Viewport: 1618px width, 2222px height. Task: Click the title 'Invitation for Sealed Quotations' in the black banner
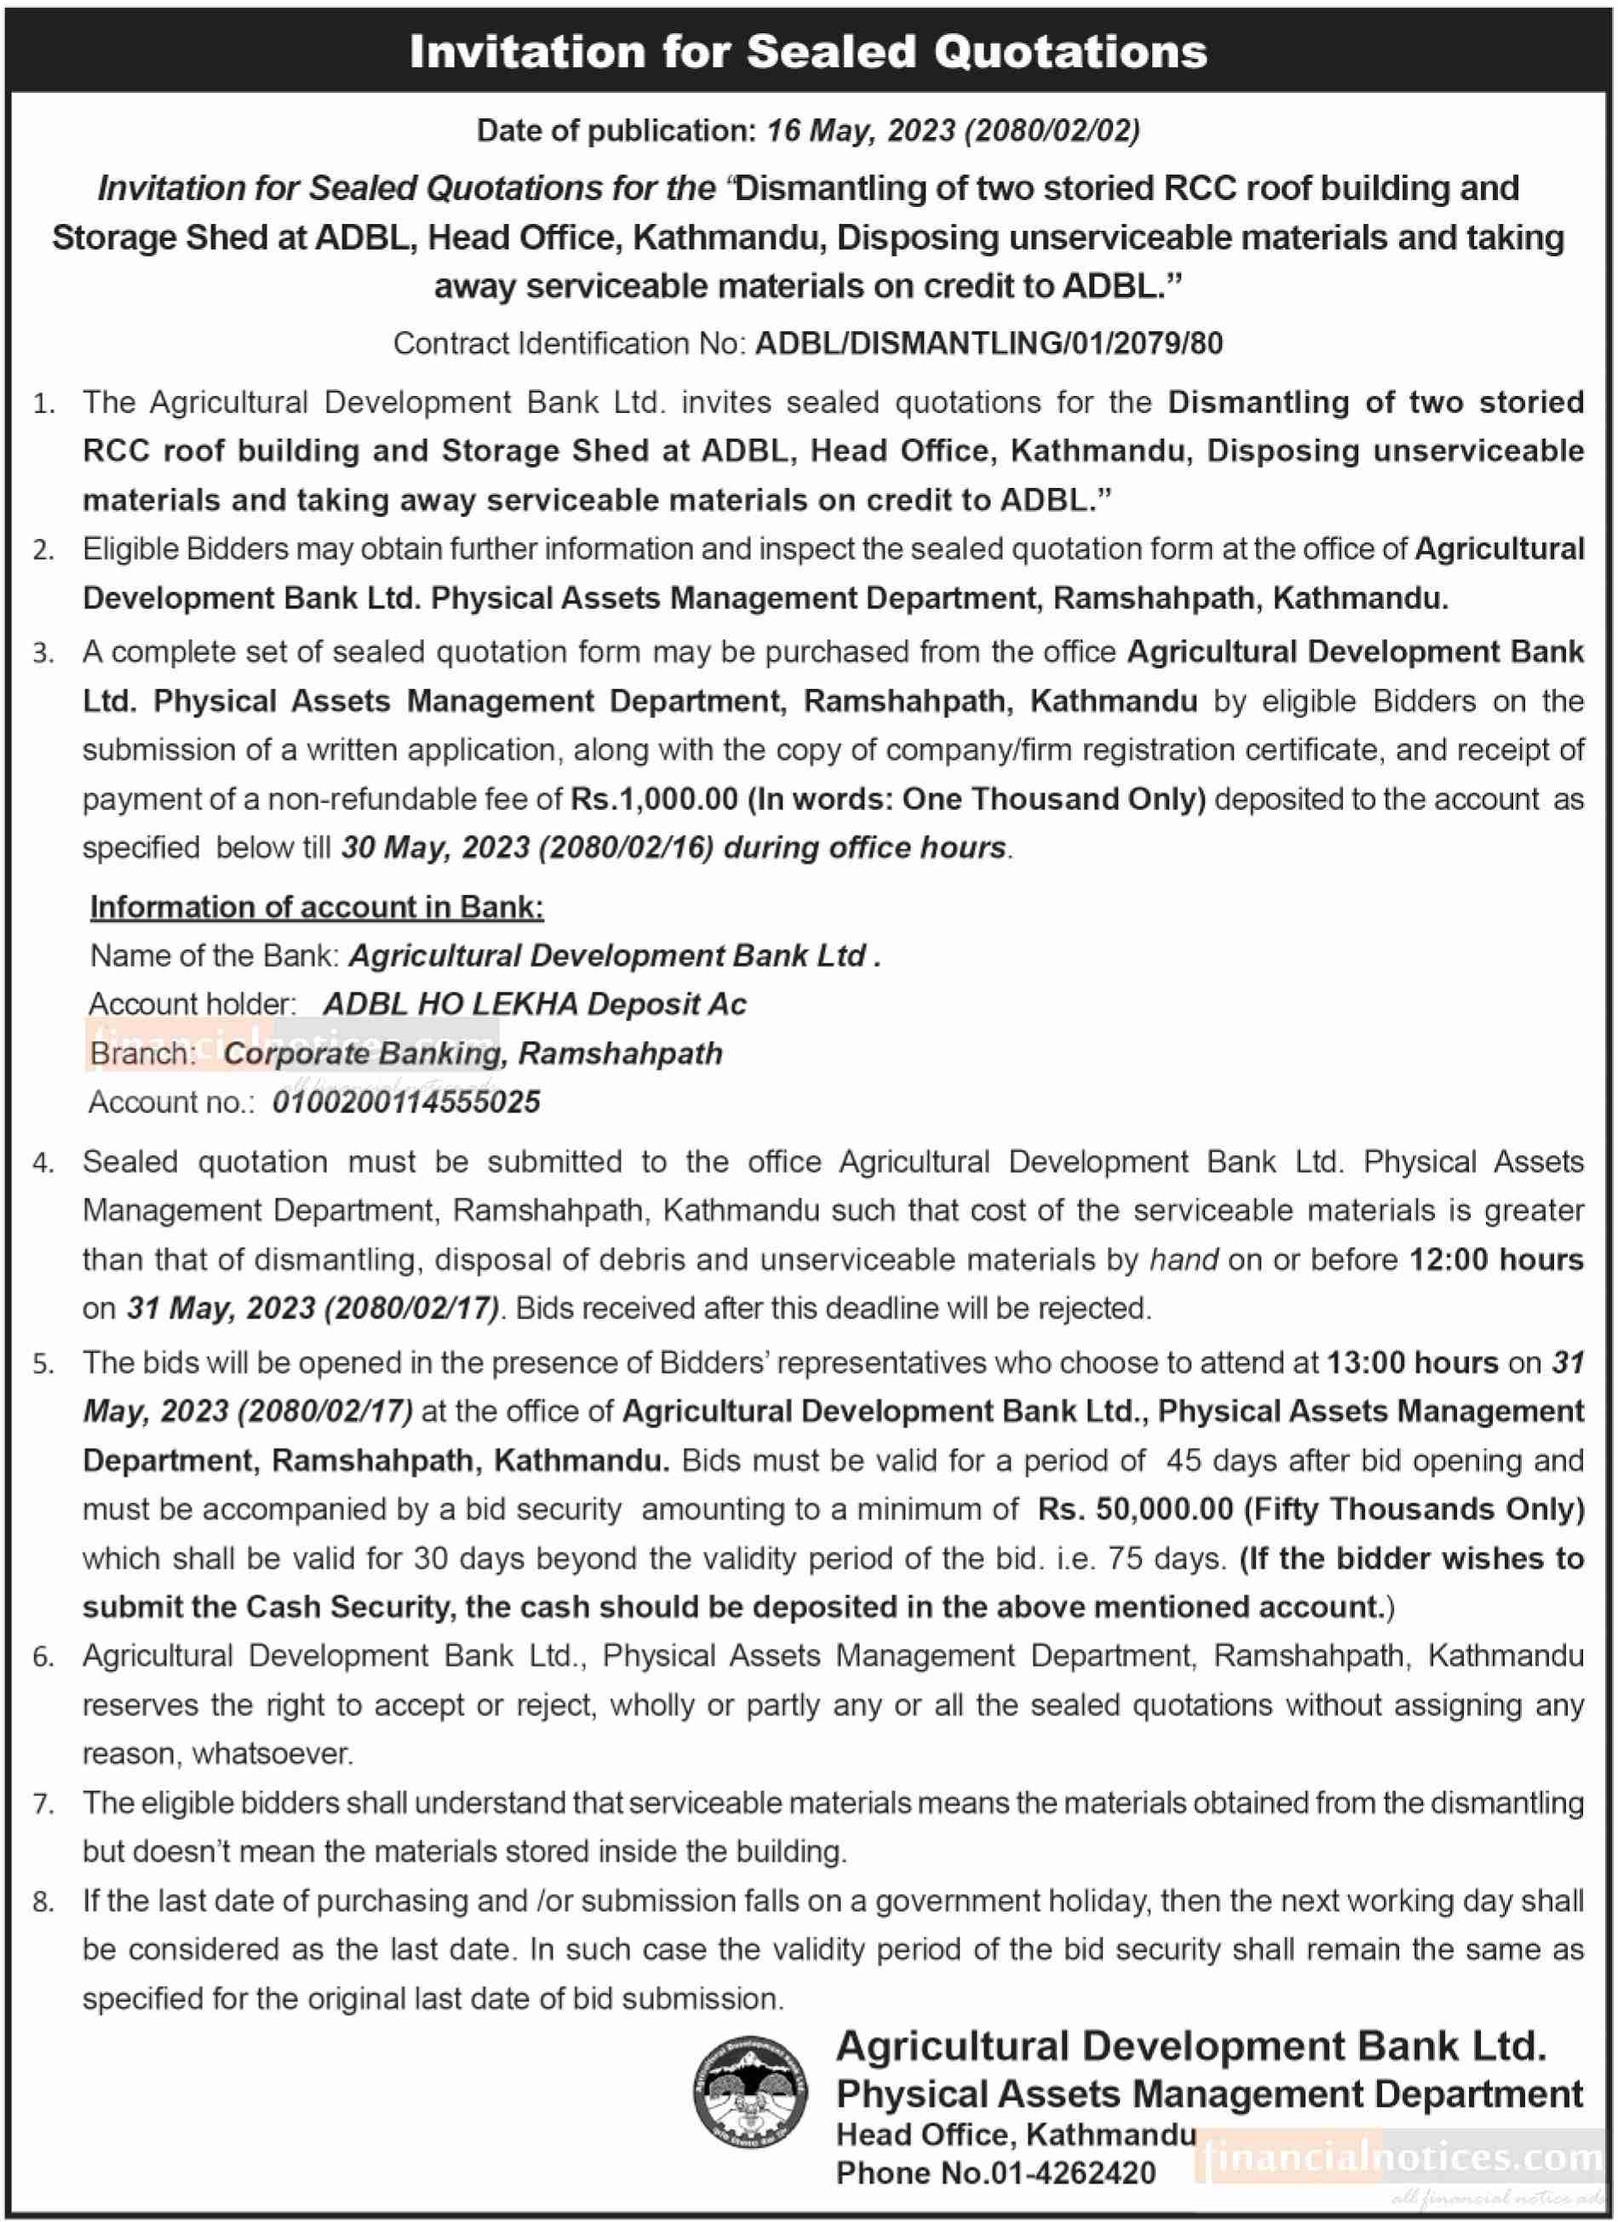click(x=808, y=52)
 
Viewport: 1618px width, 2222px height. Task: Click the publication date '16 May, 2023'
click(x=860, y=130)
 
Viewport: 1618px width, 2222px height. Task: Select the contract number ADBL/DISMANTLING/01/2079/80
click(x=988, y=343)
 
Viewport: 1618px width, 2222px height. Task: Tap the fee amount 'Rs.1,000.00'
click(x=654, y=799)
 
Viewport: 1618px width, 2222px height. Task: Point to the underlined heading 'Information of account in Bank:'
click(x=316, y=906)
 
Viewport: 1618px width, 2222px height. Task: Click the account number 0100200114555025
click(x=406, y=1102)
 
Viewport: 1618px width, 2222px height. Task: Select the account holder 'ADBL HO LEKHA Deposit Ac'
click(x=535, y=1004)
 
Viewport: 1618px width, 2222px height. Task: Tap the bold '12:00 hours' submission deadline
click(x=1495, y=1259)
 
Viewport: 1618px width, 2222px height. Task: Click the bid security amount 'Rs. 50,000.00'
click(x=1135, y=1509)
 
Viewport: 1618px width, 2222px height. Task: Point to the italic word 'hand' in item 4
click(x=1183, y=1259)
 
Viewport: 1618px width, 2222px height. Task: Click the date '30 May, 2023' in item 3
click(x=435, y=847)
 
